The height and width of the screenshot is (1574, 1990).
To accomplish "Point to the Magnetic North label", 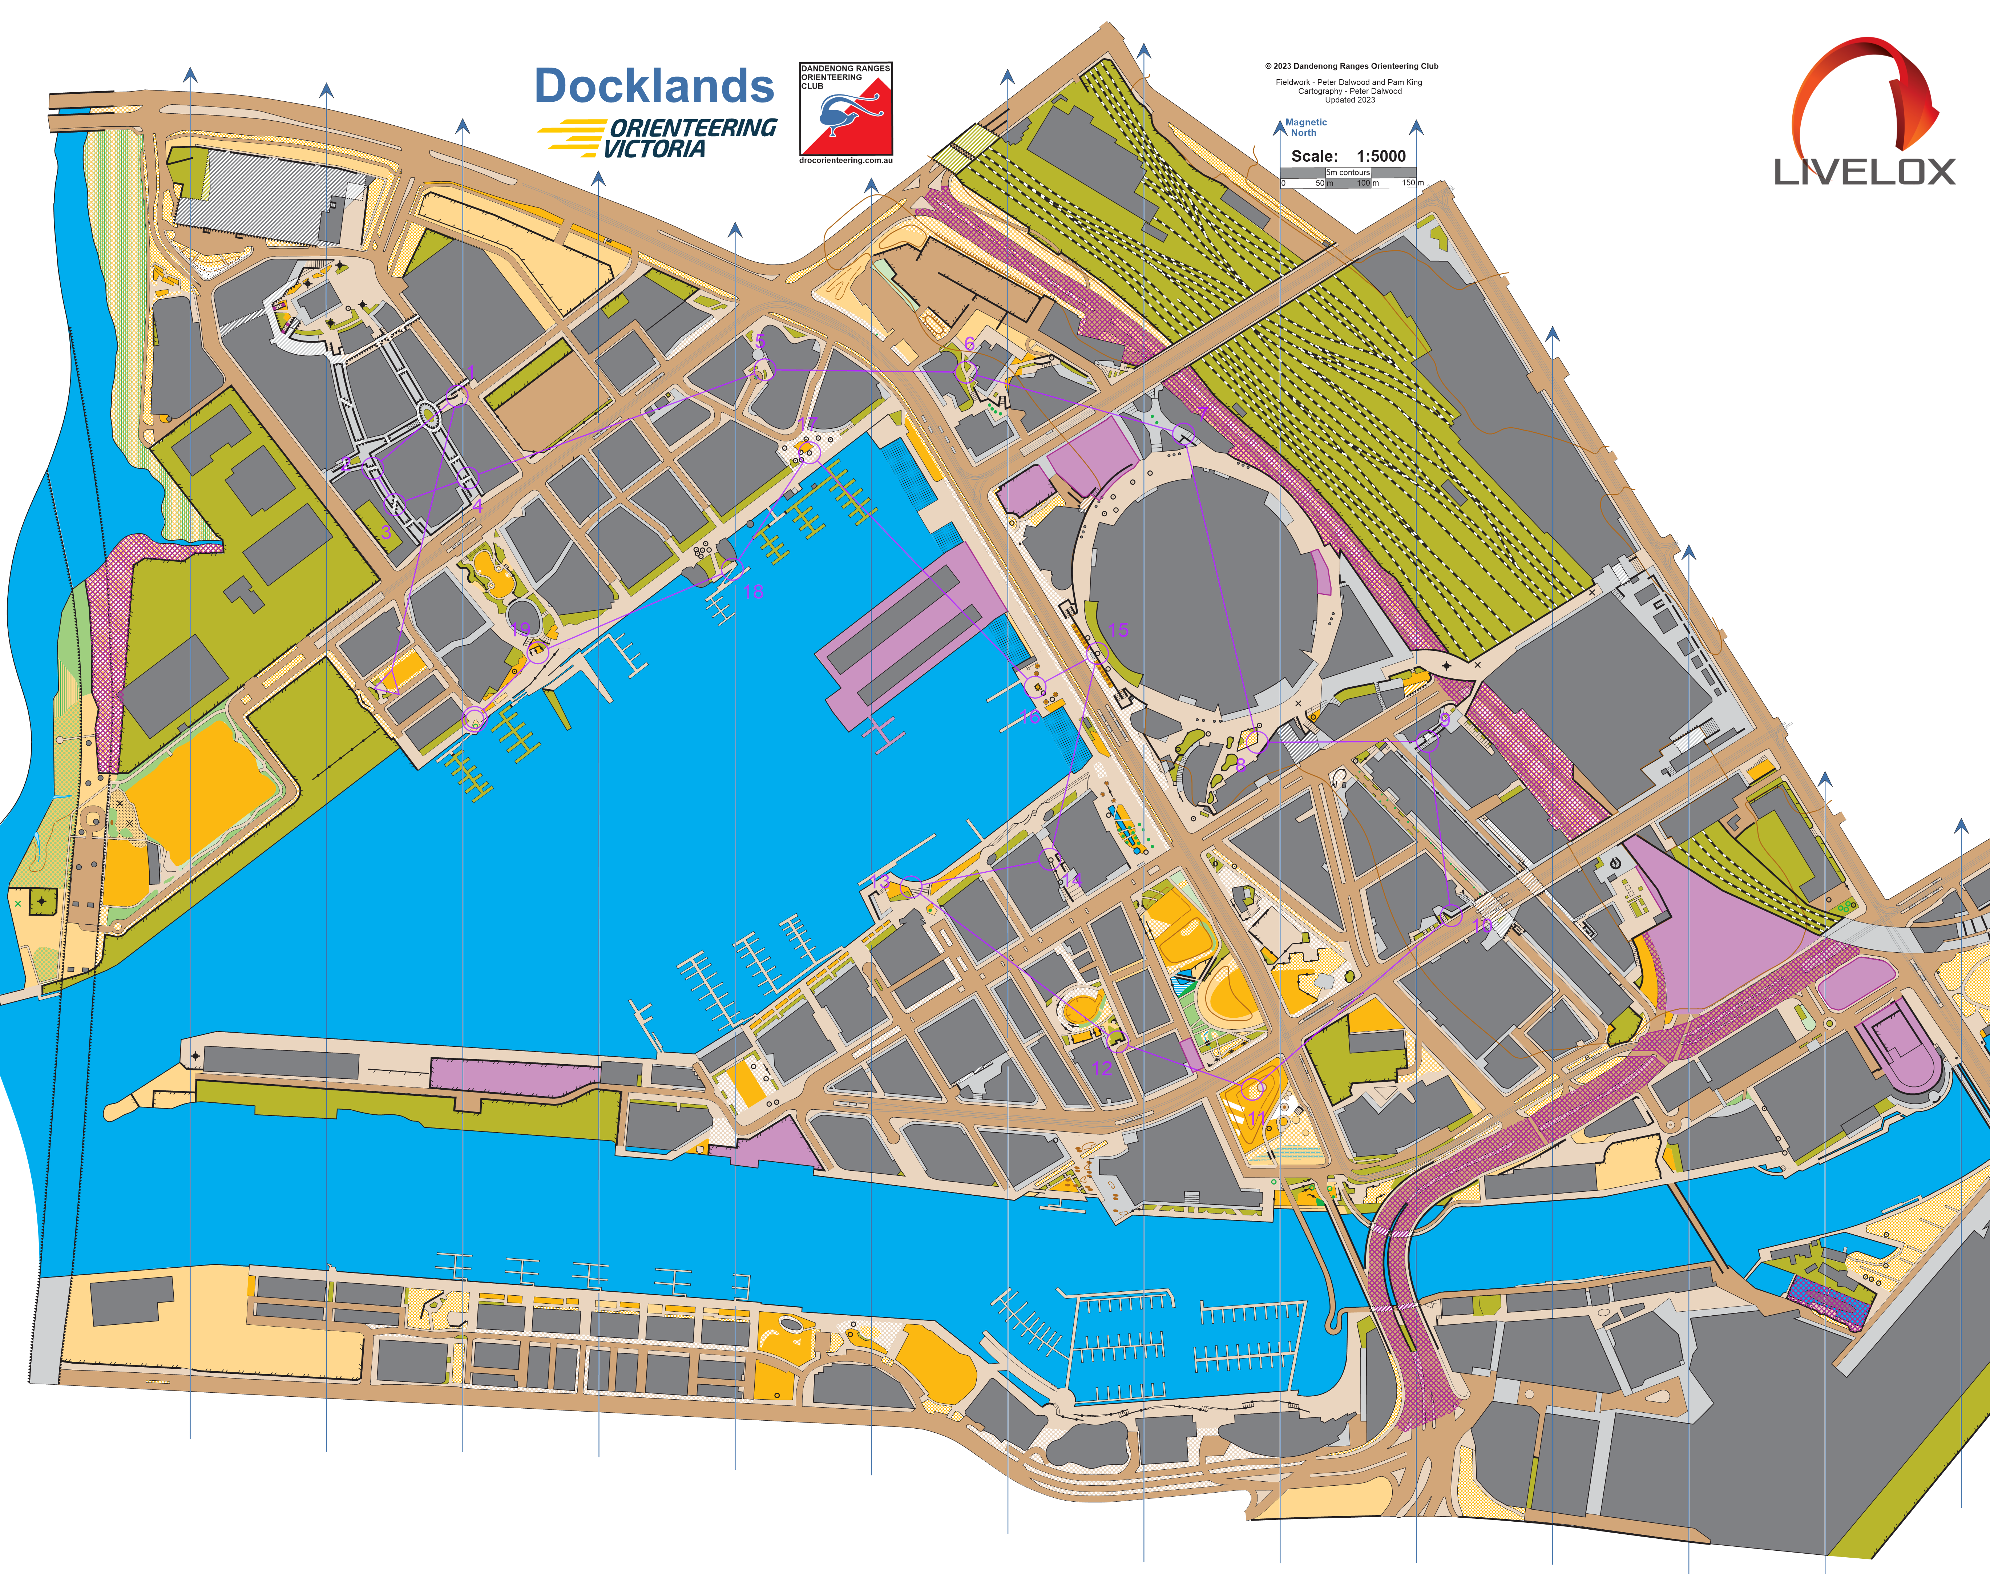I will (x=1305, y=127).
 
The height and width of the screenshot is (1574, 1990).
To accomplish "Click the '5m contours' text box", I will (x=1348, y=172).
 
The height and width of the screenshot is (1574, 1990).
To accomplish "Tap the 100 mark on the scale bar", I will (x=1364, y=182).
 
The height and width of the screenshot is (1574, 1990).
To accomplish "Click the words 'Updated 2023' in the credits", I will (x=1350, y=100).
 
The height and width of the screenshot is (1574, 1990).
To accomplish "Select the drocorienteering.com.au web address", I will (x=846, y=160).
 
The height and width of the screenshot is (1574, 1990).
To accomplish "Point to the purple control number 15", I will (x=1118, y=630).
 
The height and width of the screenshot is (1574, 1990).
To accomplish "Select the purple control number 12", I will (x=1102, y=1068).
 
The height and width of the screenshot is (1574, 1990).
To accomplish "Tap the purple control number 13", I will (x=882, y=882).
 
